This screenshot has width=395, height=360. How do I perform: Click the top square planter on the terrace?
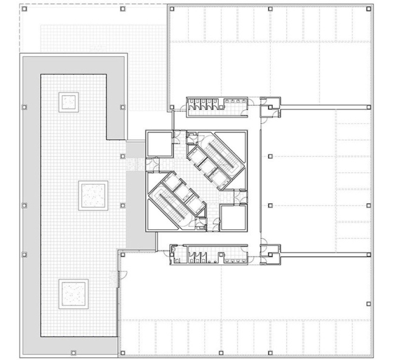pyautogui.click(x=68, y=102)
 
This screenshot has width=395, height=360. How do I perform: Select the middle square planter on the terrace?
pyautogui.click(x=94, y=195)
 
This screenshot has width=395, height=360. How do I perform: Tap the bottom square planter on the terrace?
pyautogui.click(x=73, y=293)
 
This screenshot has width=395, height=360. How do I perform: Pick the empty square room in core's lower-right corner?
pyautogui.click(x=233, y=217)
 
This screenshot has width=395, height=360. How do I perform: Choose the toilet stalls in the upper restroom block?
pyautogui.click(x=203, y=103)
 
